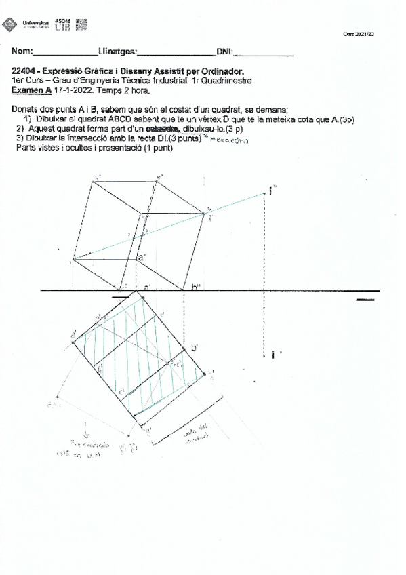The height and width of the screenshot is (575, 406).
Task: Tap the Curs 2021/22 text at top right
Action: tap(359, 34)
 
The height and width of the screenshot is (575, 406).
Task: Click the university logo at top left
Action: tap(11, 25)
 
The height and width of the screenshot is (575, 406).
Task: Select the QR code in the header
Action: tap(82, 24)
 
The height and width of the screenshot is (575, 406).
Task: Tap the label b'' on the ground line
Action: tap(195, 287)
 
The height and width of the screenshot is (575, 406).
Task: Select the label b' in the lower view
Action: tap(195, 347)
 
